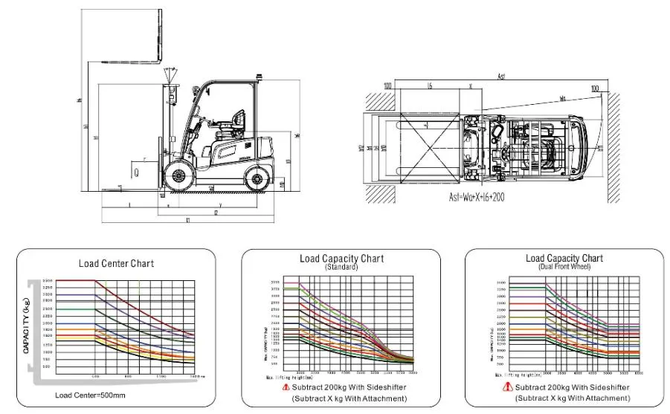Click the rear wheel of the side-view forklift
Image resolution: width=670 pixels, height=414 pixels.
pos(257,177)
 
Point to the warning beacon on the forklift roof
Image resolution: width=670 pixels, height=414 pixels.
pos(258,75)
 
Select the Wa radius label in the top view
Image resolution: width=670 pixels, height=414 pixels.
pos(563,97)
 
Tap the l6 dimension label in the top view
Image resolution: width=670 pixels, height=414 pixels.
pos(430,86)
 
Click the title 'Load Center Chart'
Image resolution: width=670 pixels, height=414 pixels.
pos(116,263)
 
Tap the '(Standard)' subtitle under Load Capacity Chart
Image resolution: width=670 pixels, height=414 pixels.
pos(341,266)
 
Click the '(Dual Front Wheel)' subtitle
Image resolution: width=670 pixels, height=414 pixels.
pos(564,266)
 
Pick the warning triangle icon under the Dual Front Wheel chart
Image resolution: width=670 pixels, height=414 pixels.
pos(509,386)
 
